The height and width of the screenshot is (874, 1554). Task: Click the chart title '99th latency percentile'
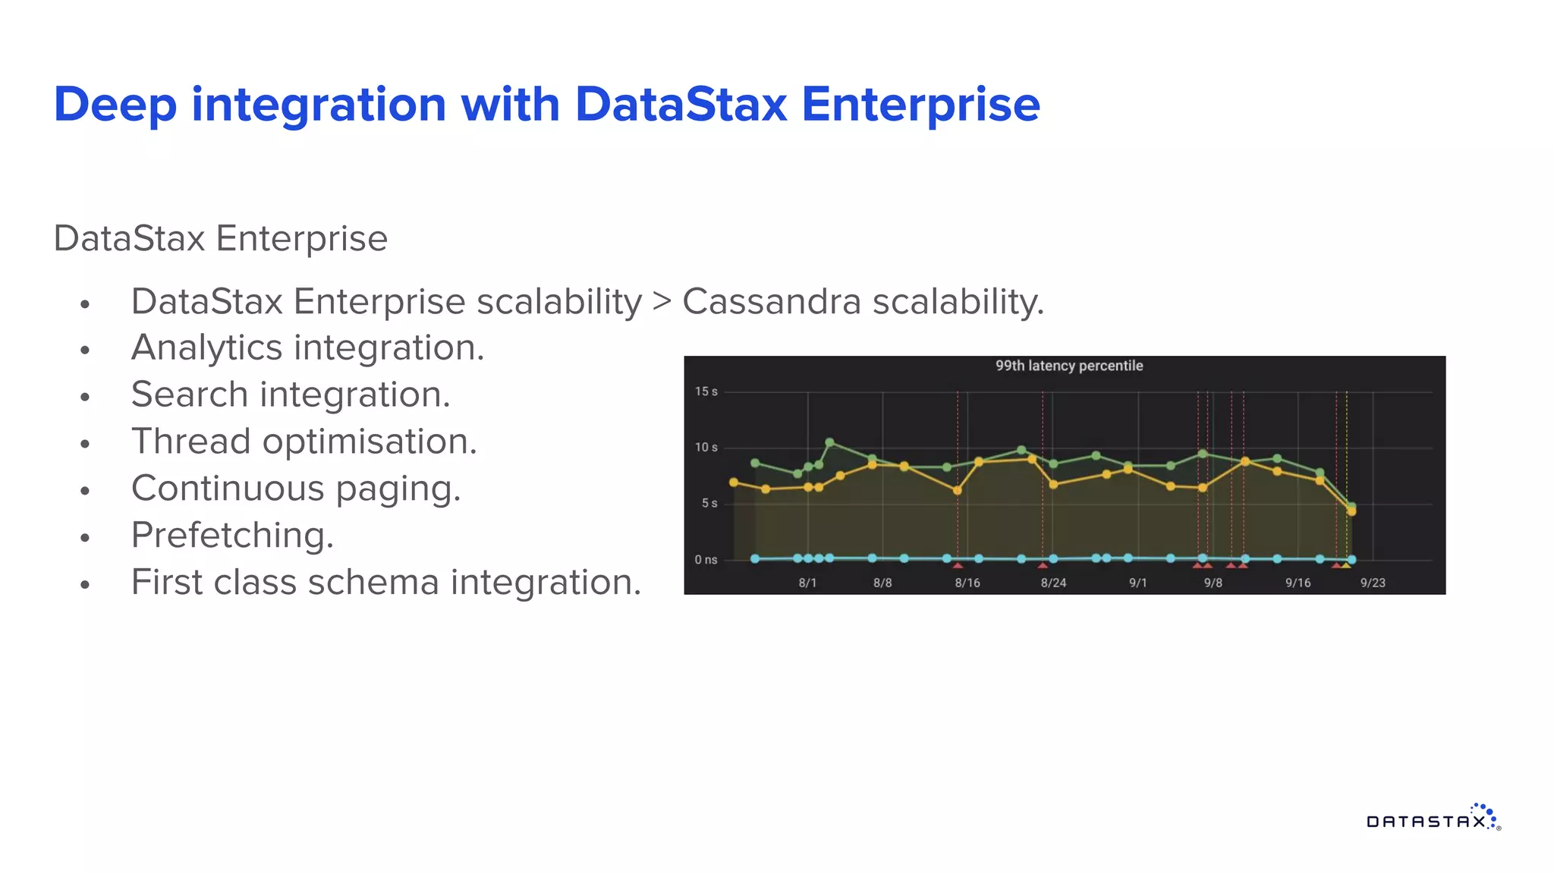point(1068,366)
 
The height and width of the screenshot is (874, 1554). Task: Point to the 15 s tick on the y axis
point(706,391)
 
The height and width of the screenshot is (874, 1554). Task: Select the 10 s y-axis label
point(706,448)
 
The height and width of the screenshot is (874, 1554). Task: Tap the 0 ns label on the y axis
point(706,560)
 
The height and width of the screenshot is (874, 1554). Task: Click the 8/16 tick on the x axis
point(967,583)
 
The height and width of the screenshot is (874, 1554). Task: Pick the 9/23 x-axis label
point(1372,583)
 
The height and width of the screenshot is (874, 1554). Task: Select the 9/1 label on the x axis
point(1137,583)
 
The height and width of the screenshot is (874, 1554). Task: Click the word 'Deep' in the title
point(115,105)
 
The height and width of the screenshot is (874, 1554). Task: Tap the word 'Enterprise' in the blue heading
point(920,105)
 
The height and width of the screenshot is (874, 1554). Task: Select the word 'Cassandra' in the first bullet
point(772,301)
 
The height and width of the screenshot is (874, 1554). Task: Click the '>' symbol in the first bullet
point(662,301)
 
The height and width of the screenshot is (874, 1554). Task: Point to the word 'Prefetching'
point(232,535)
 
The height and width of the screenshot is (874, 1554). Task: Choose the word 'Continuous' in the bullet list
point(228,488)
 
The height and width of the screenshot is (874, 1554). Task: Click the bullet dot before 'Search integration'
point(85,397)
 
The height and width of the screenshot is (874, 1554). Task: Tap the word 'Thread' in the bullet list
point(190,442)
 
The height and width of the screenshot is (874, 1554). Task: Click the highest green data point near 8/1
point(829,442)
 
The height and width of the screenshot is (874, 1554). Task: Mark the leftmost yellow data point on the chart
point(734,483)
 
